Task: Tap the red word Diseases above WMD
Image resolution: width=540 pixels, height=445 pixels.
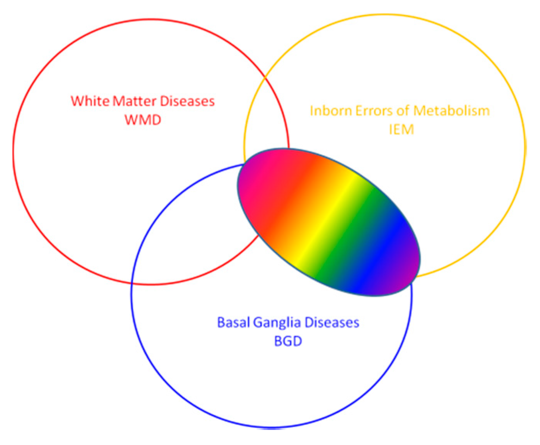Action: (187, 101)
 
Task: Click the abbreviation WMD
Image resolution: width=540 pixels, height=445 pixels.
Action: (143, 120)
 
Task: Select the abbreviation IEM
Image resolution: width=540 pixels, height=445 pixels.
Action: (401, 130)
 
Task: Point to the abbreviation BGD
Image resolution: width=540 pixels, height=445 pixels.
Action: (288, 341)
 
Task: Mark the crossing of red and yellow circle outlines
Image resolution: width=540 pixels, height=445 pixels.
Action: (265, 78)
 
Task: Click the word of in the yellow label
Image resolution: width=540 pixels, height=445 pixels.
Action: (403, 111)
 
